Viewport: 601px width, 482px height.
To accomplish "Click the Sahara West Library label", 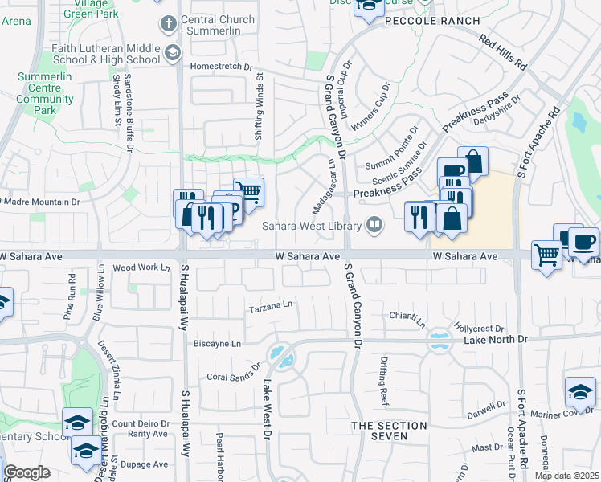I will [312, 225].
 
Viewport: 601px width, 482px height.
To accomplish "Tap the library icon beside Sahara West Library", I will [373, 225].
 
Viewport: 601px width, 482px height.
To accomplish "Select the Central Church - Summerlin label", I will [219, 26].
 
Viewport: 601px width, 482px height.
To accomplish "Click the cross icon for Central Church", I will [168, 22].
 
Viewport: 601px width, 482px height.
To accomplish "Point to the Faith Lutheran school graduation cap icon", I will [171, 53].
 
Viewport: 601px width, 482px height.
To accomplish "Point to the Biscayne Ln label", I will [217, 344].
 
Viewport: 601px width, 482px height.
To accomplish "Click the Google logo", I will [27, 473].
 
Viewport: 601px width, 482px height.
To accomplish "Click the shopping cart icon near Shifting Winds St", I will [249, 192].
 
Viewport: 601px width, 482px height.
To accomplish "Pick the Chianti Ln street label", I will [407, 319].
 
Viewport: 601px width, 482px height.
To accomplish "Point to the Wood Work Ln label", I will [141, 268].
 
